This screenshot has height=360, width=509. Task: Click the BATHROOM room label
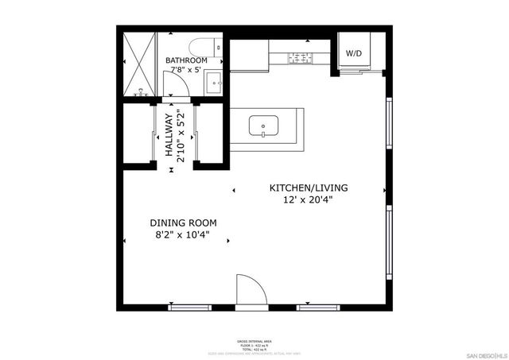(x=186, y=60)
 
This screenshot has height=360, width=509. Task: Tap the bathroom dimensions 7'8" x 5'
(x=186, y=72)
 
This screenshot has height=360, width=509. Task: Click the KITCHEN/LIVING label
(x=308, y=188)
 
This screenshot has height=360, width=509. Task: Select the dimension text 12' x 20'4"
(x=308, y=200)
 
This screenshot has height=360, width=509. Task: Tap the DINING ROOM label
(x=183, y=223)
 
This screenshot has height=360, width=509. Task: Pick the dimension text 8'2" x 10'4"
(x=183, y=235)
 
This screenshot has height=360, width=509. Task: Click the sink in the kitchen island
(x=262, y=126)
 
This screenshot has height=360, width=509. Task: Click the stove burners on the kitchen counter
(x=302, y=57)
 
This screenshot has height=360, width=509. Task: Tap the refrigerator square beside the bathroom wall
(x=248, y=53)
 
